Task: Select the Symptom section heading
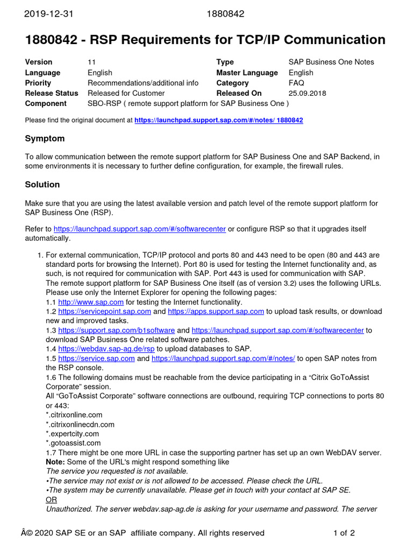(x=45, y=138)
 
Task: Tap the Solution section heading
(x=42, y=185)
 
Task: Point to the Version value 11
(x=91, y=62)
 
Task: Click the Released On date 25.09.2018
(x=307, y=93)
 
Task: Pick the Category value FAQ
(x=296, y=83)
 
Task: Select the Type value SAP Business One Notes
(x=331, y=62)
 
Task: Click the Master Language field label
(x=247, y=73)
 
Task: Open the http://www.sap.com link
(x=91, y=302)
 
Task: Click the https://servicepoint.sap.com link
(x=104, y=312)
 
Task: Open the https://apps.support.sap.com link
(x=216, y=312)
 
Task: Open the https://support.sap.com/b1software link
(x=116, y=330)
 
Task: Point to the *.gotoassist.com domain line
(x=73, y=443)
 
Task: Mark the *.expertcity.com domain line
(x=73, y=434)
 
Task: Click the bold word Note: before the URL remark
(x=55, y=462)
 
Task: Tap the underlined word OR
(x=52, y=500)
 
